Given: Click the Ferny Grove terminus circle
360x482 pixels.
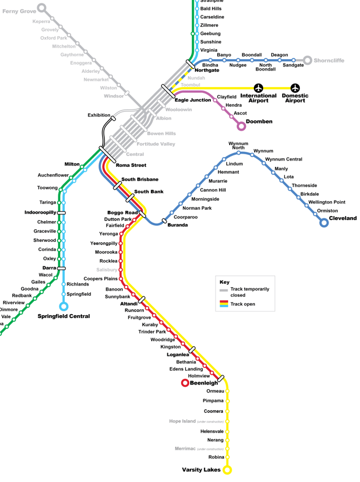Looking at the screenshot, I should [41, 8].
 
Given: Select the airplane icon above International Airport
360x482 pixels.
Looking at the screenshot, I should [259, 88].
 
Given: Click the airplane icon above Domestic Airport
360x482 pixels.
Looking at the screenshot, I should [295, 88].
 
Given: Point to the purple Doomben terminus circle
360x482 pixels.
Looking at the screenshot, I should [241, 126].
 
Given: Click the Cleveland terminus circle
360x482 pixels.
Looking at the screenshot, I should [324, 223].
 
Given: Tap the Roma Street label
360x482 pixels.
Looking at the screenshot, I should [131, 165].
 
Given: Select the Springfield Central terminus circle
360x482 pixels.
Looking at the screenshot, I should [64, 307].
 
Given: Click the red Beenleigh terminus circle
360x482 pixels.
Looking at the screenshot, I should [185, 382].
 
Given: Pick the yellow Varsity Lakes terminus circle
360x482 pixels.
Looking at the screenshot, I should [227, 470].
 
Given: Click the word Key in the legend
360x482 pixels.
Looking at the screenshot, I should [224, 282].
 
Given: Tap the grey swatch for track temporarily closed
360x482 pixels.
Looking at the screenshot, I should [224, 291].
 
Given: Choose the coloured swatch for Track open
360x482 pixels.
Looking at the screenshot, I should [224, 303].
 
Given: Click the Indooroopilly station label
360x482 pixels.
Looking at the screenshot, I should [40, 212].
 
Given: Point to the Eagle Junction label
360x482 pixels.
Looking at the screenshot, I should [193, 100].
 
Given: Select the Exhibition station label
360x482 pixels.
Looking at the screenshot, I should [99, 115].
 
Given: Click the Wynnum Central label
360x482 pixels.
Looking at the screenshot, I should [284, 159].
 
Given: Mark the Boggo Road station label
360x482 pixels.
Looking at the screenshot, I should [123, 213].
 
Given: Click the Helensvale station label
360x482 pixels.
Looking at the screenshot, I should [212, 431].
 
